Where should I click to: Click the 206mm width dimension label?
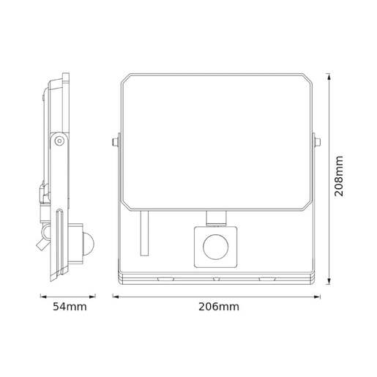[x=219, y=307]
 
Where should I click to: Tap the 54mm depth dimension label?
[x=70, y=307]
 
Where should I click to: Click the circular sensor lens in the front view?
[x=215, y=247]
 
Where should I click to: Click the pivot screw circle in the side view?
[x=58, y=141]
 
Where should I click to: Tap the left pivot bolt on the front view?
[x=115, y=141]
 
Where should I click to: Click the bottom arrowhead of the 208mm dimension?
[x=328, y=280]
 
